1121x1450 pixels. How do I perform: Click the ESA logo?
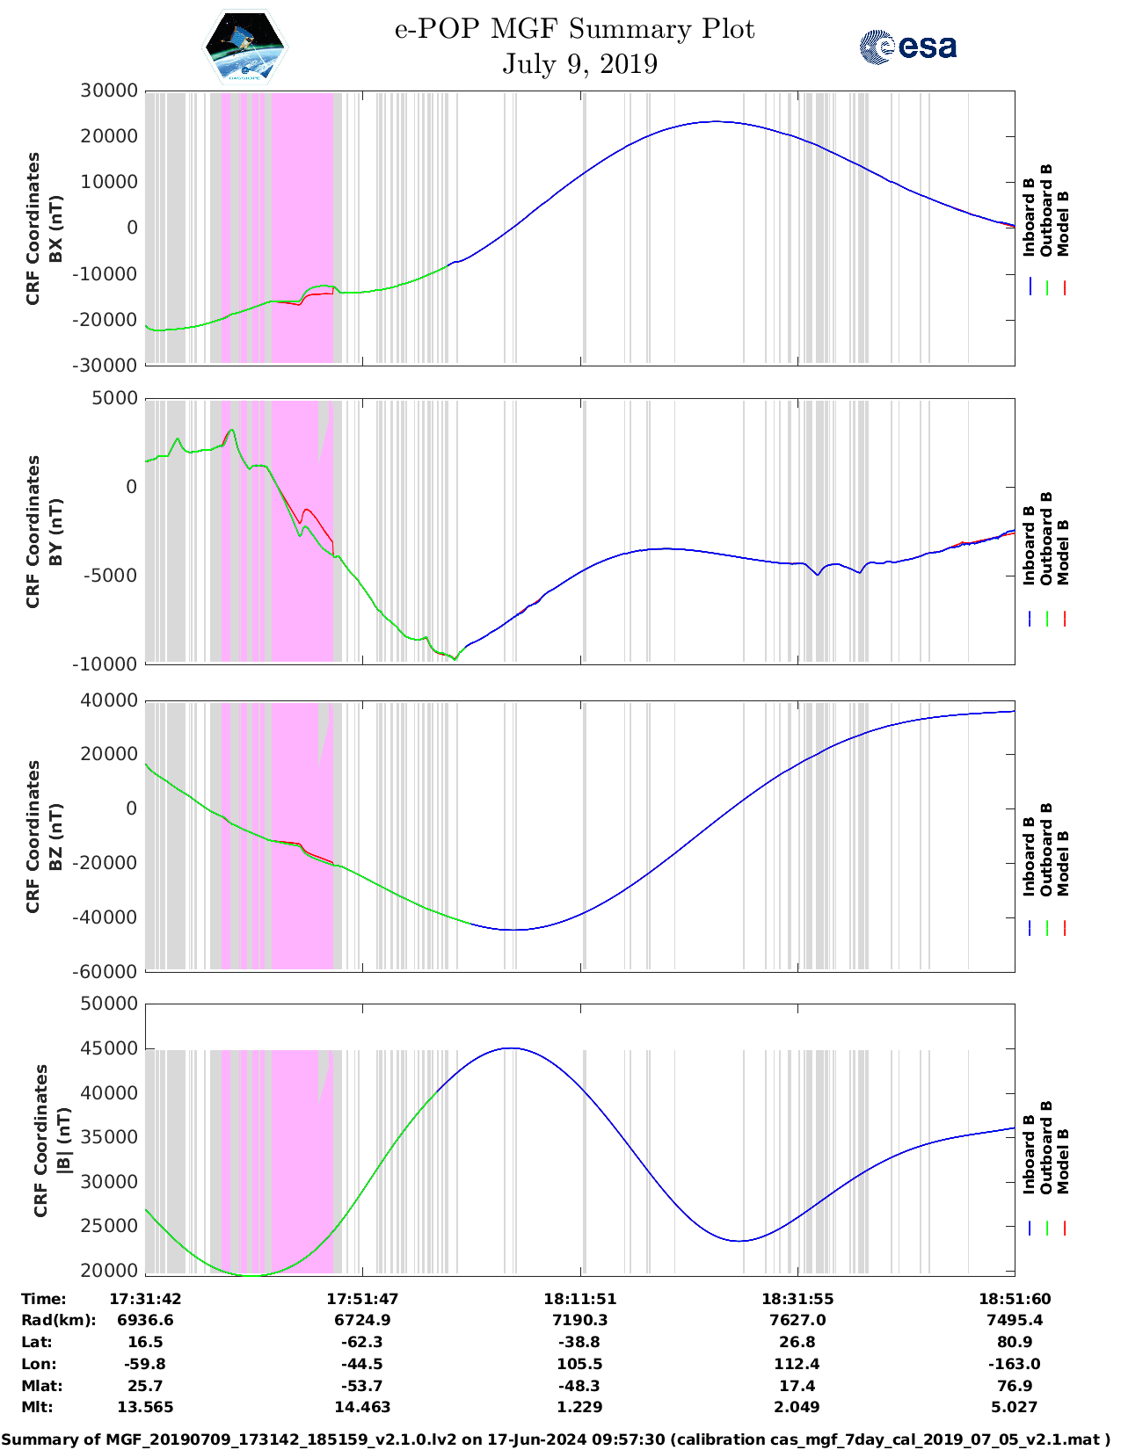tap(908, 47)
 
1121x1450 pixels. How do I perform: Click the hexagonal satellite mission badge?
tap(245, 47)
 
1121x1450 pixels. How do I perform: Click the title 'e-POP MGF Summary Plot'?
tap(574, 29)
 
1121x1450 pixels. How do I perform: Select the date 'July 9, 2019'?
tap(579, 64)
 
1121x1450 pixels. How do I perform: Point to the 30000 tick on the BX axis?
tap(109, 91)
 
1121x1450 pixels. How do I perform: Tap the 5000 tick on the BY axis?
tap(115, 398)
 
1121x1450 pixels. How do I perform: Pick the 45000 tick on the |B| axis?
tap(109, 1048)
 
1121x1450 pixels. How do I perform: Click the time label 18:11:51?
tap(579, 1299)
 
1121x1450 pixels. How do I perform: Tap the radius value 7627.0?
tap(797, 1320)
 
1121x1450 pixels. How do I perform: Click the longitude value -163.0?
tap(1014, 1364)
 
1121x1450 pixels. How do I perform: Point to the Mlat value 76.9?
tap(1014, 1386)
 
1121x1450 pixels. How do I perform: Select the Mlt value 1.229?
tap(579, 1407)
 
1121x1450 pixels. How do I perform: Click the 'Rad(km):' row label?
tap(59, 1320)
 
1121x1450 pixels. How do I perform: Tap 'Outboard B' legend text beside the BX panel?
tap(1046, 211)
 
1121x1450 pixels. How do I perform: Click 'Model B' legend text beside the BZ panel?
tap(1063, 863)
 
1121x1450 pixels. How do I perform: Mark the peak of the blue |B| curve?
tap(510, 1048)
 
